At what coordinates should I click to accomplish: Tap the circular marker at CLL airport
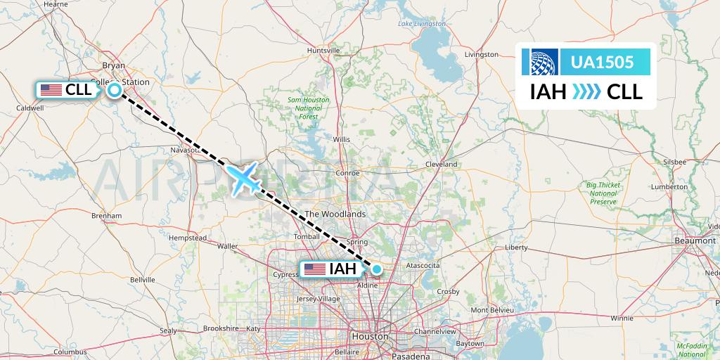(x=113, y=90)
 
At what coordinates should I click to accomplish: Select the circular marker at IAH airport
(x=378, y=269)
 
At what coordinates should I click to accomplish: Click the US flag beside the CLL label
(x=51, y=90)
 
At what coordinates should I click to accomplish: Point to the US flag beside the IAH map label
(x=314, y=269)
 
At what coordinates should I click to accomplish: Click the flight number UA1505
(x=603, y=62)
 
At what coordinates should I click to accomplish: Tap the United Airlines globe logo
(x=544, y=62)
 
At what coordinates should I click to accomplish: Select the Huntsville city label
(x=324, y=51)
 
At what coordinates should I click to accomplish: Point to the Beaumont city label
(x=695, y=240)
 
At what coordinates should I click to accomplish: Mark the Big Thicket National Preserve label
(x=602, y=193)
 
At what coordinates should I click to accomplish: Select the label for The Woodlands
(x=334, y=214)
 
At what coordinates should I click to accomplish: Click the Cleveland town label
(x=442, y=164)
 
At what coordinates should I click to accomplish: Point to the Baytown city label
(x=470, y=343)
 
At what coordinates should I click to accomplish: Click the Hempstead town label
(x=188, y=238)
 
